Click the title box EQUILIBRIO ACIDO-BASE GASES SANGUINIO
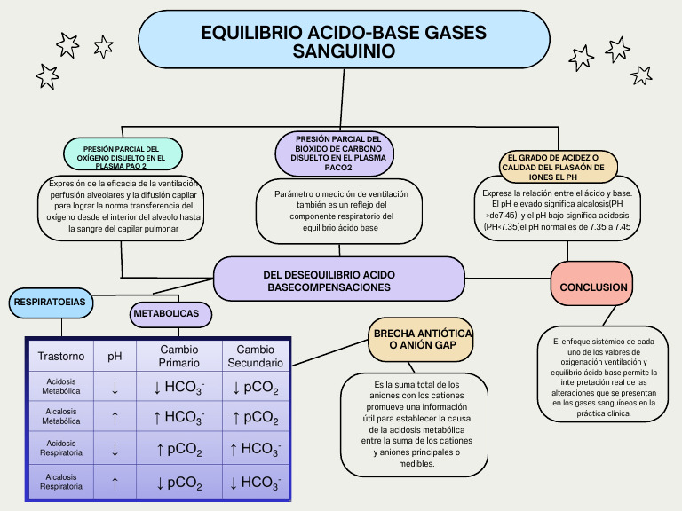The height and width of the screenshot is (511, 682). point(344,41)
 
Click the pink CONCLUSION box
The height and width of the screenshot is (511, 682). point(593,287)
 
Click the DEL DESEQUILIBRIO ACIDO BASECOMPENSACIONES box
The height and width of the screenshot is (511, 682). point(338,280)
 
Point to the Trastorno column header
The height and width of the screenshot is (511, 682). point(61,357)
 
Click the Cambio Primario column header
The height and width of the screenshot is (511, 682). point(178,357)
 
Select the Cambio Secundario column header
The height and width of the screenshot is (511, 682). point(255,357)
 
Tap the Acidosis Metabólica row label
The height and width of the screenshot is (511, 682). point(61,386)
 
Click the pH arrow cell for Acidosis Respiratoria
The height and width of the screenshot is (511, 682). point(115,449)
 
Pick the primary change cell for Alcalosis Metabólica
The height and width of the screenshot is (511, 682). point(178,417)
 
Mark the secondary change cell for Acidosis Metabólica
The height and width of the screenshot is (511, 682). point(255,387)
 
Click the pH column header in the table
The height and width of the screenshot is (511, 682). point(115,357)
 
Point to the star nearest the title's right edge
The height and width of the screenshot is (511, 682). point(581,58)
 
